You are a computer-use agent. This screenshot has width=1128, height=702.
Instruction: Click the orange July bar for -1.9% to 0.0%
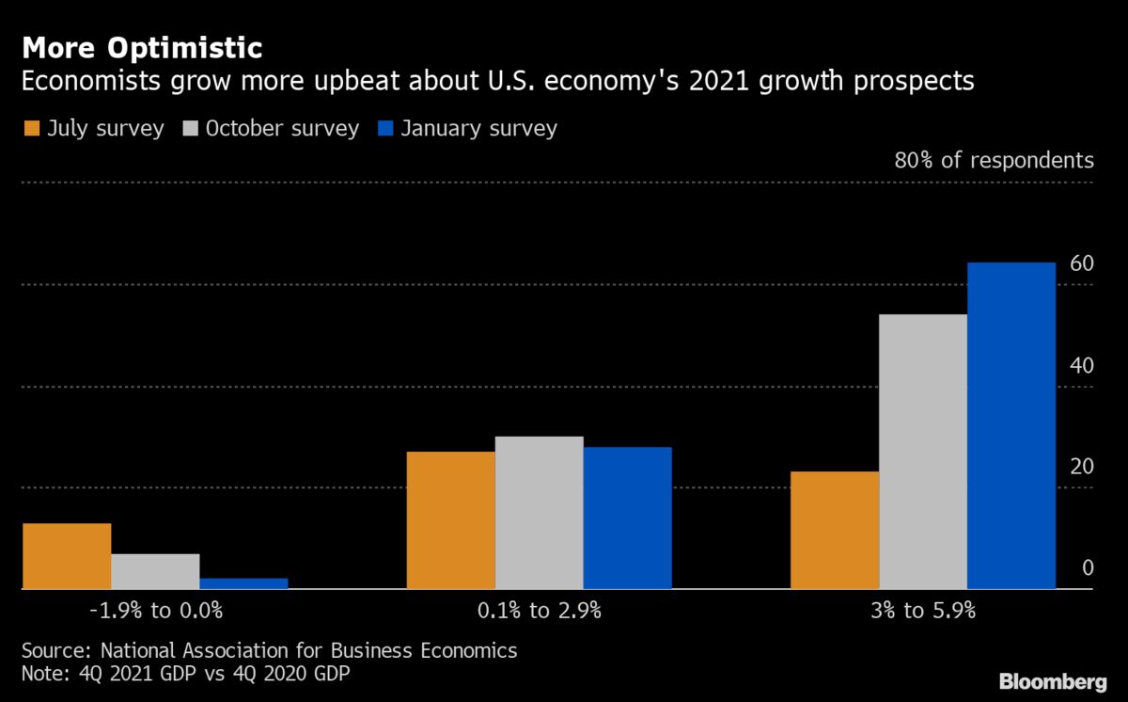point(67,556)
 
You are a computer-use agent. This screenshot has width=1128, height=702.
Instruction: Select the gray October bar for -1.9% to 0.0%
point(155,571)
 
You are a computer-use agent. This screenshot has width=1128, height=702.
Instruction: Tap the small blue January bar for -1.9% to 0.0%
point(243,583)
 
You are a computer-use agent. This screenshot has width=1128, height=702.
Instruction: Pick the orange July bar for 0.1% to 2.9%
point(450,520)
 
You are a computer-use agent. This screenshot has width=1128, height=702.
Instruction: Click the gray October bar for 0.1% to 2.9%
point(539,513)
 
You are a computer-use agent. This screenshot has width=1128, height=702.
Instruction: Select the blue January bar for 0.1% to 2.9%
point(627,518)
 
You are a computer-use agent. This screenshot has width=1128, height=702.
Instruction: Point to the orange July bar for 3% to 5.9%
point(835,530)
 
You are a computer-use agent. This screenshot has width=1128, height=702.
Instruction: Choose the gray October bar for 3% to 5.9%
point(923,452)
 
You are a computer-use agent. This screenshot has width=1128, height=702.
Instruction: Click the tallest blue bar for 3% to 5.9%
point(1011,425)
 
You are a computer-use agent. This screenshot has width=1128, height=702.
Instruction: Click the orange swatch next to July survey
point(31,128)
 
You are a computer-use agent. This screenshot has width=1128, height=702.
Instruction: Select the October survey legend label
point(281,128)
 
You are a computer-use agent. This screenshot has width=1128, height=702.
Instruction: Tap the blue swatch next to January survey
point(384,128)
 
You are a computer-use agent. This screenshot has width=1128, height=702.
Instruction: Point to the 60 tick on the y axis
point(1081,263)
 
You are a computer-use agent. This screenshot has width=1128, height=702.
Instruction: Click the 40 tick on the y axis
point(1081,365)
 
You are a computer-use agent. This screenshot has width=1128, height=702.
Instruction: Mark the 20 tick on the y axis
point(1081,467)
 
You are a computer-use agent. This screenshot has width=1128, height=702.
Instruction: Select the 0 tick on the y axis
point(1088,568)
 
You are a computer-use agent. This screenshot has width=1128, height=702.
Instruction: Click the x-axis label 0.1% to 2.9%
point(539,611)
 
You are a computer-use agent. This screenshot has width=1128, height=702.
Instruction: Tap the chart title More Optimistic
point(142,46)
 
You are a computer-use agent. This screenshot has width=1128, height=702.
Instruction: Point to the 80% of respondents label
point(994,160)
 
